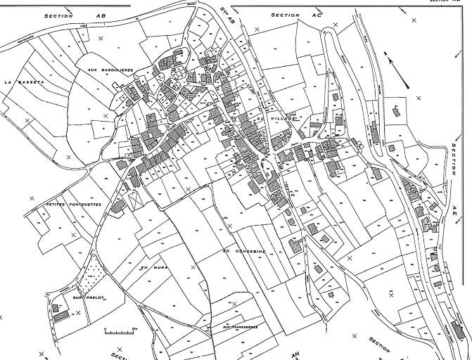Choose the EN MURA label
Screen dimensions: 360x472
tap(151, 268)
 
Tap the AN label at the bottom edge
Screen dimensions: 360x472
tap(296, 353)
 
